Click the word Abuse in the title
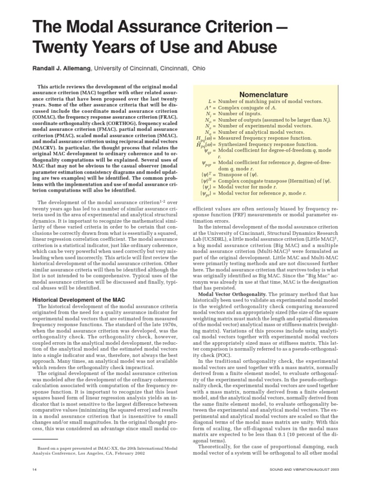click(x=248, y=47)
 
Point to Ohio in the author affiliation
click(x=199, y=69)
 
